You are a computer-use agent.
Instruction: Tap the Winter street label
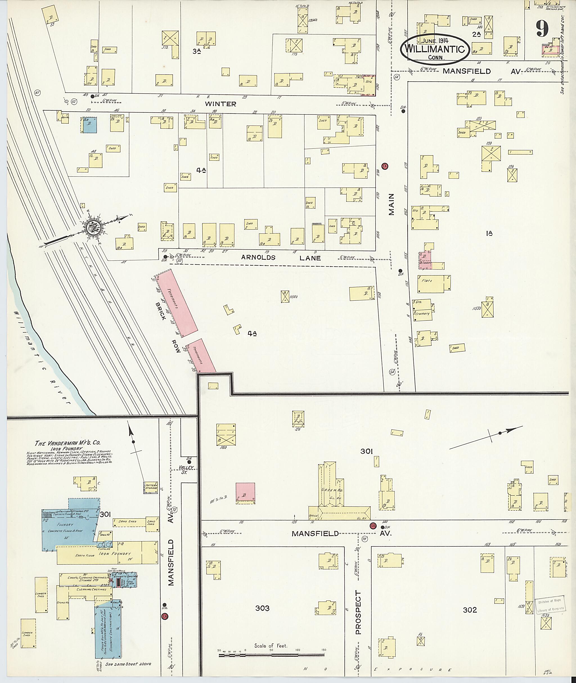pos(220,104)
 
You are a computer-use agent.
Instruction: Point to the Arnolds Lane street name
pos(281,258)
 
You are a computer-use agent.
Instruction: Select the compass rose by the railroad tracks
pos(93,226)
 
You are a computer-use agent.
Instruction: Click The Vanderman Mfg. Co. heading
pos(67,443)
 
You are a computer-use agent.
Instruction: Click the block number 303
pos(262,608)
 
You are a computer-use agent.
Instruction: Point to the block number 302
pos(470,610)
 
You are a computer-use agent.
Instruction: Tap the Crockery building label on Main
pos(422,314)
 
